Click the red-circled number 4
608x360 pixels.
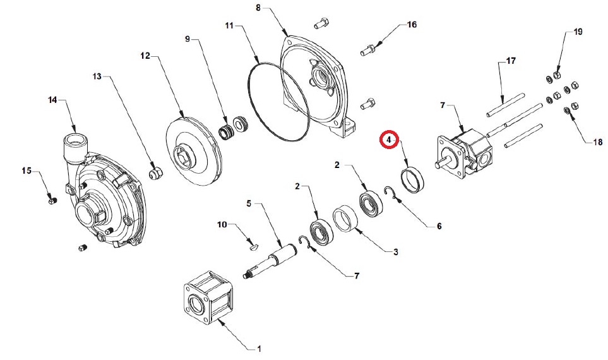click(389, 140)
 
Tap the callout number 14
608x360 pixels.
click(52, 100)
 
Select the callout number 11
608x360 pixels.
click(230, 26)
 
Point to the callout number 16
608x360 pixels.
click(412, 25)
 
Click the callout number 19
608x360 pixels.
click(578, 32)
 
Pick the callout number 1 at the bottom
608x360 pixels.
click(259, 349)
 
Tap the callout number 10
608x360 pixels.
click(222, 225)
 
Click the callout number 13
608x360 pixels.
click(97, 76)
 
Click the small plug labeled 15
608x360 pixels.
click(52, 201)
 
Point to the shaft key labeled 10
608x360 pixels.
click(253, 245)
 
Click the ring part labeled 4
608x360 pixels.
click(412, 179)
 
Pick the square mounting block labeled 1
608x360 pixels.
click(208, 297)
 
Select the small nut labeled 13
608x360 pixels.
click(156, 173)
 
